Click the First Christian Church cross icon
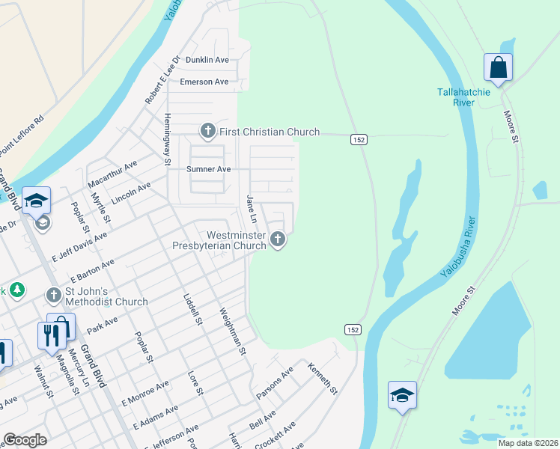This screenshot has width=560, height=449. coord(207,132)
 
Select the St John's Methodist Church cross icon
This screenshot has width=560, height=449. coord(53,296)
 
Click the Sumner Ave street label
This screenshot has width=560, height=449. coord(208,169)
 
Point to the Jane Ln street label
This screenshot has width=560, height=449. coord(252,210)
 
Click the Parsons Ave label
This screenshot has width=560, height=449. coord(276,383)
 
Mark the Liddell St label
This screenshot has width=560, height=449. coord(193,308)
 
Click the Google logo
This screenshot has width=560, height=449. coord(25,440)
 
